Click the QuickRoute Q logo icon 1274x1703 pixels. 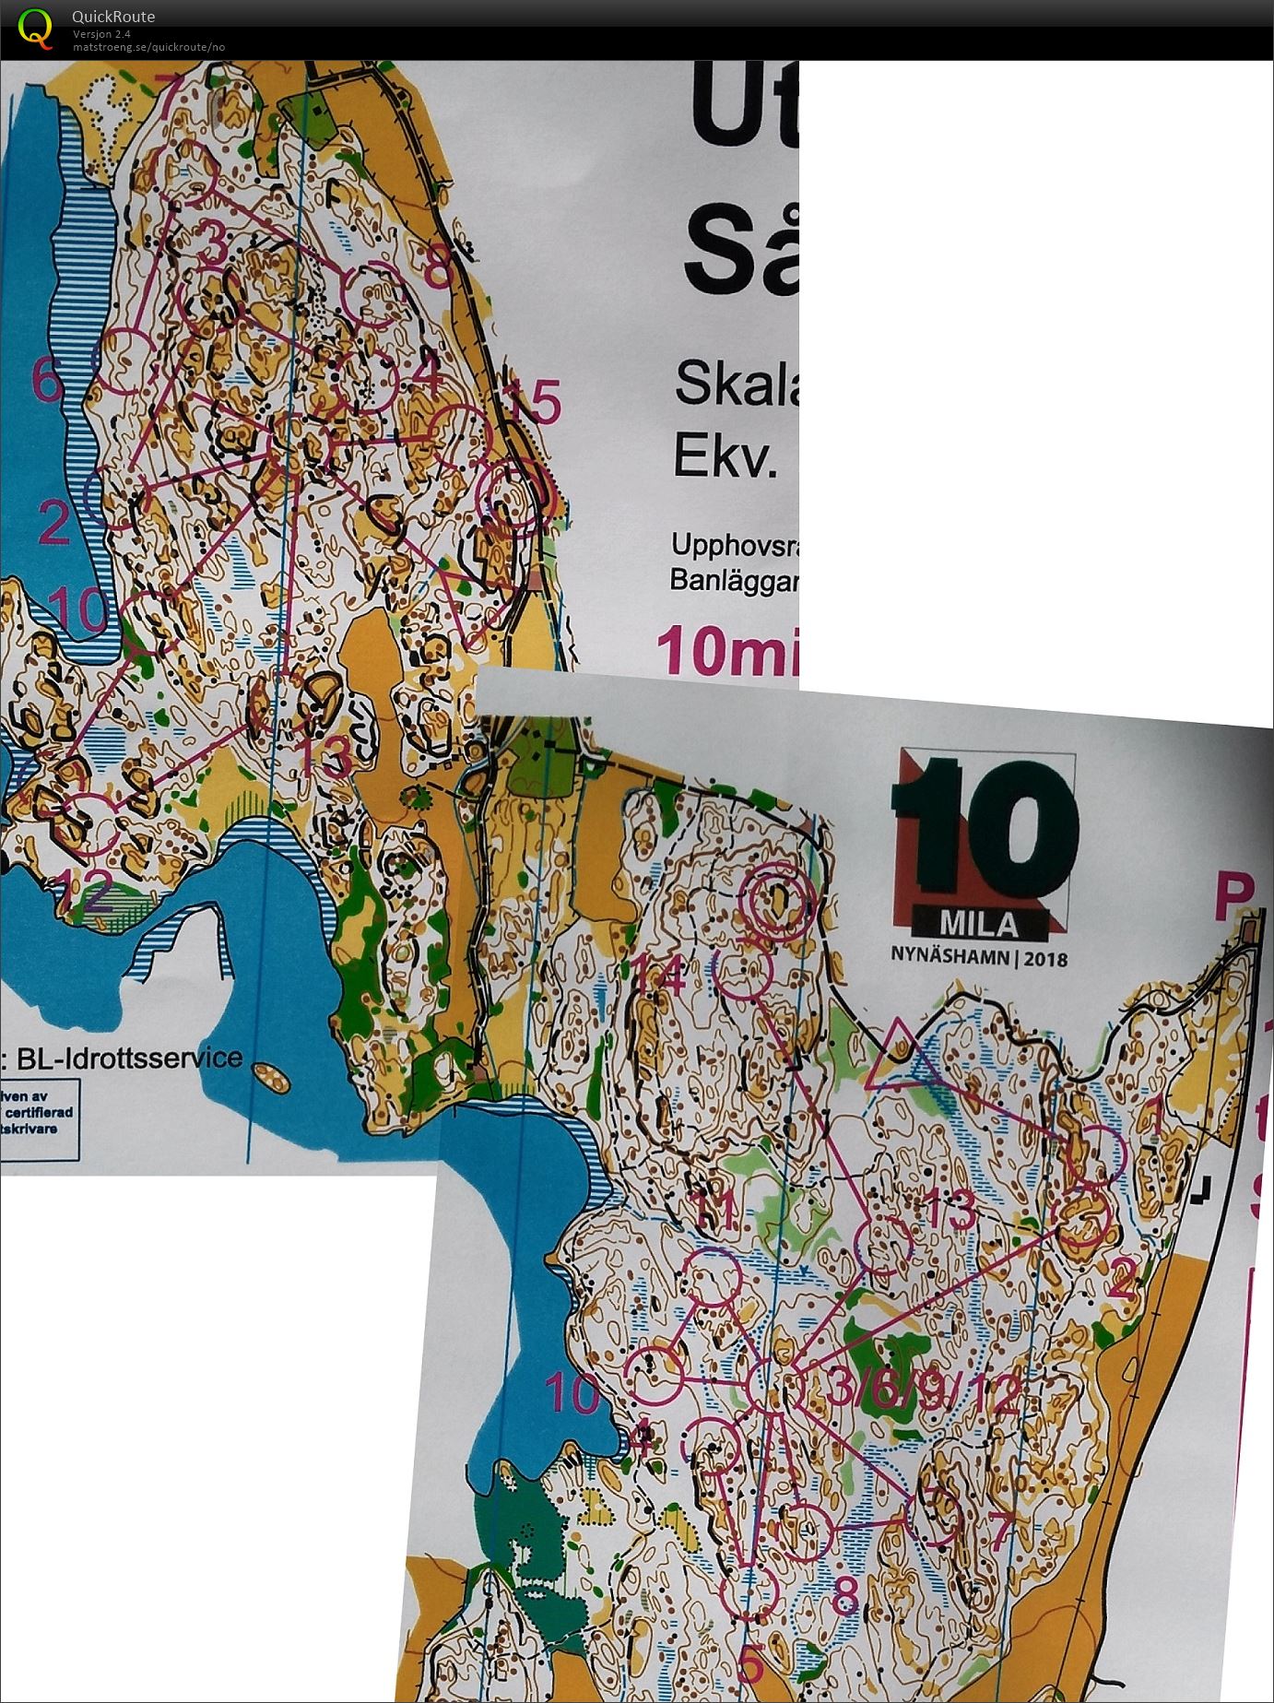34,27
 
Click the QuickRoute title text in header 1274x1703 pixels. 113,17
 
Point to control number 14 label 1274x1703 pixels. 660,976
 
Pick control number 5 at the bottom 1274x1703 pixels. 752,1664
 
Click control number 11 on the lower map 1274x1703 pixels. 714,1212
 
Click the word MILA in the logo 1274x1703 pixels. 979,924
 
